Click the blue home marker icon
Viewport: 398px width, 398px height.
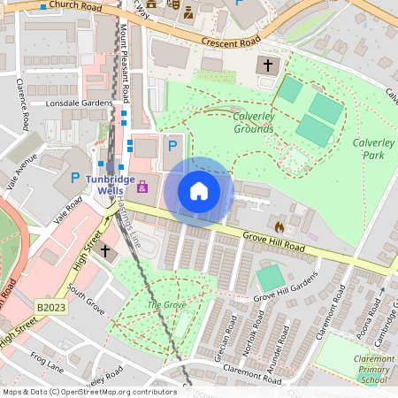tap(199, 191)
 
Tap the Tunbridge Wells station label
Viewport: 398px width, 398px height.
tap(111, 185)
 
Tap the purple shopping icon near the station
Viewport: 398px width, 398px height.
tap(142, 188)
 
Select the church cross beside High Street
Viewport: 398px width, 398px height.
tap(105, 251)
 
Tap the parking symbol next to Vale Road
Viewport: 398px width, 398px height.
tap(73, 179)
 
